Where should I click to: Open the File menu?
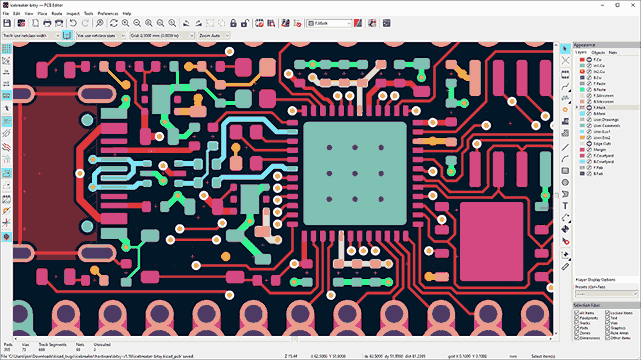click(x=6, y=13)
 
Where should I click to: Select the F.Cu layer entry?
click(x=599, y=60)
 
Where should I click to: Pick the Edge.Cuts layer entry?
click(x=603, y=144)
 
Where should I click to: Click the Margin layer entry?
click(x=600, y=150)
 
